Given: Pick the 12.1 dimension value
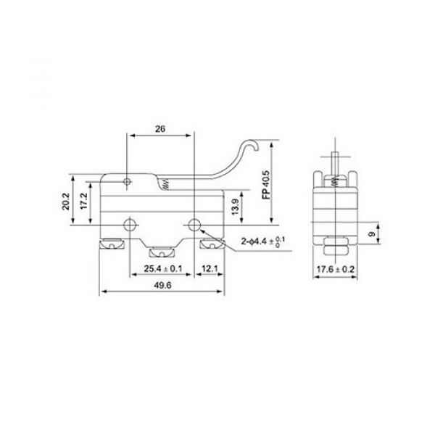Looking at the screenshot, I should click(x=210, y=269).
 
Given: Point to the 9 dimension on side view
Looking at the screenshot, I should click(x=372, y=234).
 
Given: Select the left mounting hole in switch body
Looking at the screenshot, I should click(x=130, y=224).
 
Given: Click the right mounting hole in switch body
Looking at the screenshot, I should click(x=195, y=224).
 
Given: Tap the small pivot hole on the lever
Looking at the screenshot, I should click(x=127, y=181).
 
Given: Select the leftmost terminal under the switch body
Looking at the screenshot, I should click(x=112, y=246).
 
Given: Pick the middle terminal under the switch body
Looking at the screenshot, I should click(x=161, y=253).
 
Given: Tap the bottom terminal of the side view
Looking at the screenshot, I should click(x=335, y=250).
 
